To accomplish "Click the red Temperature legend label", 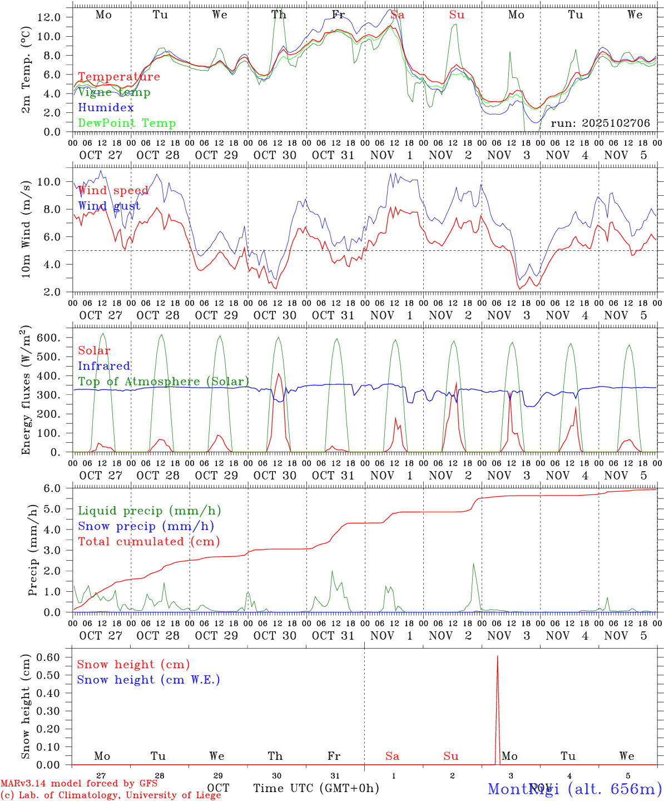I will tap(118, 77).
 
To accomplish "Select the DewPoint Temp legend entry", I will tap(127, 123).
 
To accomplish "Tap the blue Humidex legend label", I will tap(106, 107).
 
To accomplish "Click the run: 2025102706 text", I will tap(600, 123).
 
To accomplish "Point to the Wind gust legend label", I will tap(109, 206).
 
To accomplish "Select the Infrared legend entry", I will tap(104, 366).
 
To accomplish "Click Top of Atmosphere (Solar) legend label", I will tap(163, 382).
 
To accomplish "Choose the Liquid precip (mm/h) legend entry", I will tap(149, 511).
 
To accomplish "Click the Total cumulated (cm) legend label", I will tap(148, 541).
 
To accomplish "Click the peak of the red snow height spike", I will tap(497, 657).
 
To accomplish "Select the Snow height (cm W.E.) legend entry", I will tap(148, 680).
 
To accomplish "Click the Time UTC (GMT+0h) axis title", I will tap(316, 788).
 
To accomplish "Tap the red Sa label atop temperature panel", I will tap(397, 15).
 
